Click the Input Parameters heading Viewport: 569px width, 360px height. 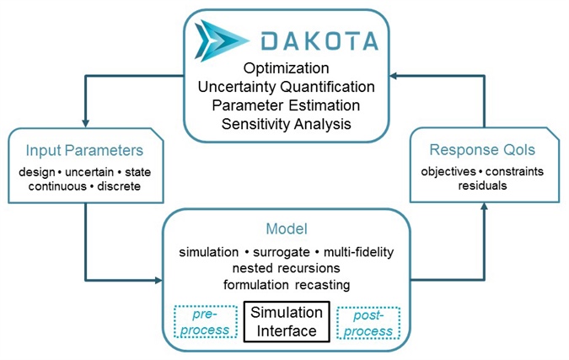click(x=84, y=153)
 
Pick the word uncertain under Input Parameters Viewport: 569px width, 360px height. click(x=87, y=173)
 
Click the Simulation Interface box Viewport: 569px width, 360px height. click(x=285, y=320)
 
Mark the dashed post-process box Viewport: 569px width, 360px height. click(x=368, y=321)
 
